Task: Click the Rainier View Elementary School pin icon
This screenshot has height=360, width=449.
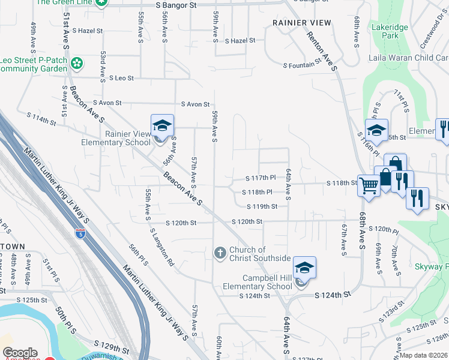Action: tap(162, 126)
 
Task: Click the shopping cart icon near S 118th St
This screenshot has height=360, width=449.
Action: tap(369, 185)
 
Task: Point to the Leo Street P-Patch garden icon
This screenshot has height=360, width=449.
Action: tap(77, 63)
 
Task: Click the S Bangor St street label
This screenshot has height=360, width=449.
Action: tap(176, 5)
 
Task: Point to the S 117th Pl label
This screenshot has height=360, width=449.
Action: tap(261, 178)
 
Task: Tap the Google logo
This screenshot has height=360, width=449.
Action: tap(20, 353)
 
